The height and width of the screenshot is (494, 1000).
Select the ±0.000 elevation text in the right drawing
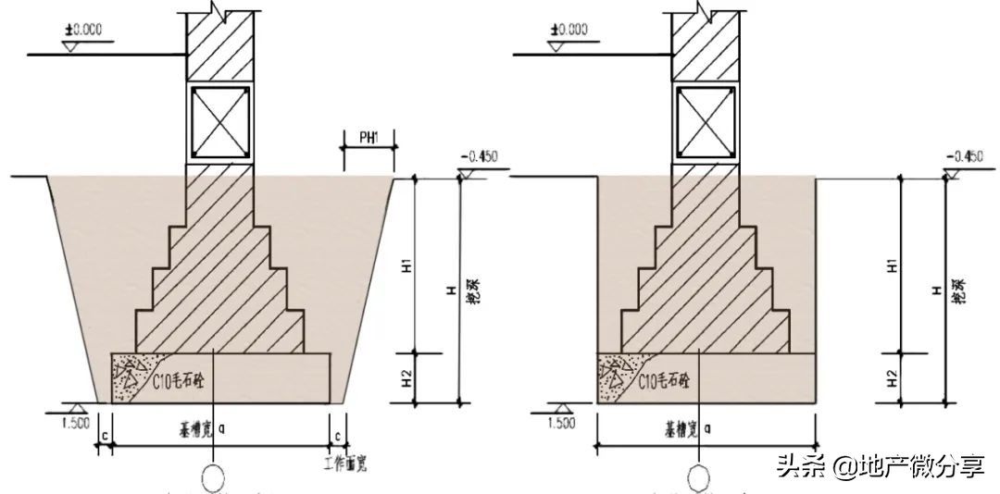pos(568,29)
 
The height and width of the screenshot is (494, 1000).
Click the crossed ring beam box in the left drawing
pos(219,121)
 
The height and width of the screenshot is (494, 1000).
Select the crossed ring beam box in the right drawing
pos(704,121)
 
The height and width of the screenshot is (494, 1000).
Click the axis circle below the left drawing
pos(216,479)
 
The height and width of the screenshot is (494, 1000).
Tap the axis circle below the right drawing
pos(701,479)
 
